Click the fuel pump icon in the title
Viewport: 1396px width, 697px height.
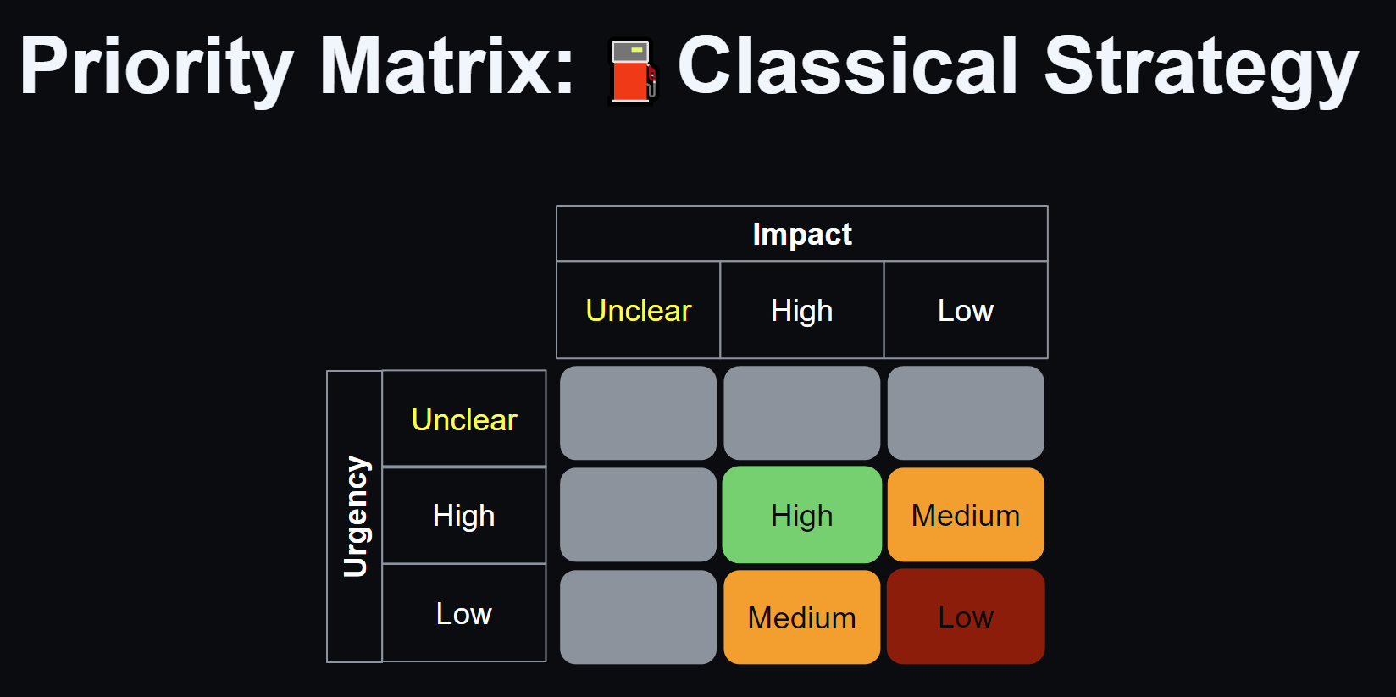(x=633, y=72)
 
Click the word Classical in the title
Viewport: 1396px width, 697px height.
(x=847, y=66)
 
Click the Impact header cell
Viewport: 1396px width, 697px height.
(x=802, y=234)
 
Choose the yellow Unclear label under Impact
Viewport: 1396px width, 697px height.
(x=638, y=310)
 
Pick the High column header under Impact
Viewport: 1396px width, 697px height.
(x=801, y=310)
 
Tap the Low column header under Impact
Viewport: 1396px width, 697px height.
(x=966, y=310)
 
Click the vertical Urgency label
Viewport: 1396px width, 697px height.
(x=356, y=517)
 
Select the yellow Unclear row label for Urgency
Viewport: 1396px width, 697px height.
(x=463, y=419)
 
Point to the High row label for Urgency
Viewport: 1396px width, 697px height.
(x=463, y=516)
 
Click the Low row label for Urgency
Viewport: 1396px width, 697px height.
(x=463, y=613)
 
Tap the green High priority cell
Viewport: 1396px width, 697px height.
(x=802, y=515)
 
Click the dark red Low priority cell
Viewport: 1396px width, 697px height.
(x=966, y=617)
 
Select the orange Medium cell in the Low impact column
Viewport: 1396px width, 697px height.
(x=966, y=515)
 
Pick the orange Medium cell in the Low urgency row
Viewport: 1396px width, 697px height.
(x=802, y=617)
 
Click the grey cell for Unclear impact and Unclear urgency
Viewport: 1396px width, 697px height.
(x=638, y=413)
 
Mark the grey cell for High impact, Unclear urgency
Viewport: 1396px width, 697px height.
(x=802, y=413)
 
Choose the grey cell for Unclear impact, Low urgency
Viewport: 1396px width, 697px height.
(x=638, y=617)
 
